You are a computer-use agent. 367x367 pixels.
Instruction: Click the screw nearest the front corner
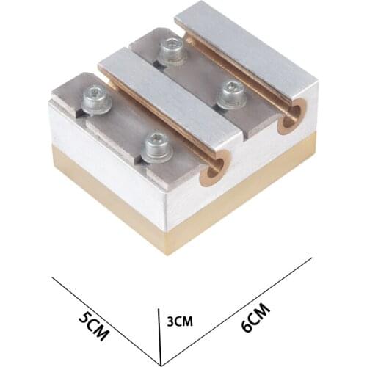click(x=154, y=148)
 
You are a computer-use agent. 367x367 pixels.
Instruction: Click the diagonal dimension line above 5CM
click(x=106, y=310)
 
